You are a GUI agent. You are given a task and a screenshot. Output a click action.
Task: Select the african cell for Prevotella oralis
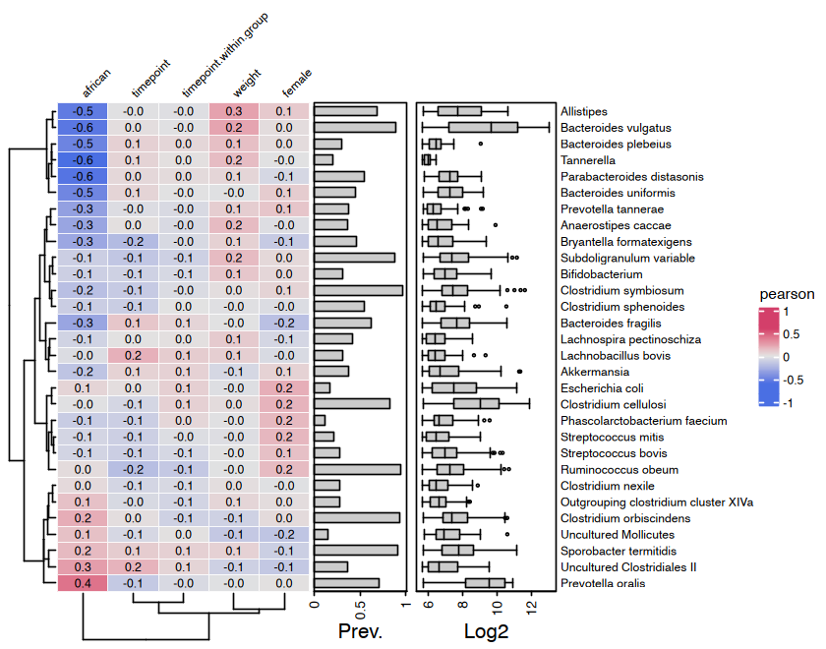(83, 583)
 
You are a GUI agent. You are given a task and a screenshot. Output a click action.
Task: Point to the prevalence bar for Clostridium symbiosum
(358, 290)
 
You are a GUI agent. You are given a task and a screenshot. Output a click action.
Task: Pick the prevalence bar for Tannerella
(324, 159)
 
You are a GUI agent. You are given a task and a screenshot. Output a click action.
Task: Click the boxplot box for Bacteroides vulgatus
(484, 127)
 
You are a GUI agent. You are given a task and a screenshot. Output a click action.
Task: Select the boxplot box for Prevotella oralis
(485, 583)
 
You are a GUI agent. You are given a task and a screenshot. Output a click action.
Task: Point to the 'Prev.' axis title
(360, 629)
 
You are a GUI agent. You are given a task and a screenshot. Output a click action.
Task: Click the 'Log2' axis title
(486, 629)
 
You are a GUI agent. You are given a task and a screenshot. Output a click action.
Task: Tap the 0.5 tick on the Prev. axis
(360, 607)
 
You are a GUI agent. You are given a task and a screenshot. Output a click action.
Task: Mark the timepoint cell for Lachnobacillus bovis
(133, 355)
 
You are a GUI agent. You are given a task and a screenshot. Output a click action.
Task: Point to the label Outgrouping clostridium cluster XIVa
(657, 501)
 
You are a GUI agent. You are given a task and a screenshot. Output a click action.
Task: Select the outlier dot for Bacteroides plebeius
(481, 144)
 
